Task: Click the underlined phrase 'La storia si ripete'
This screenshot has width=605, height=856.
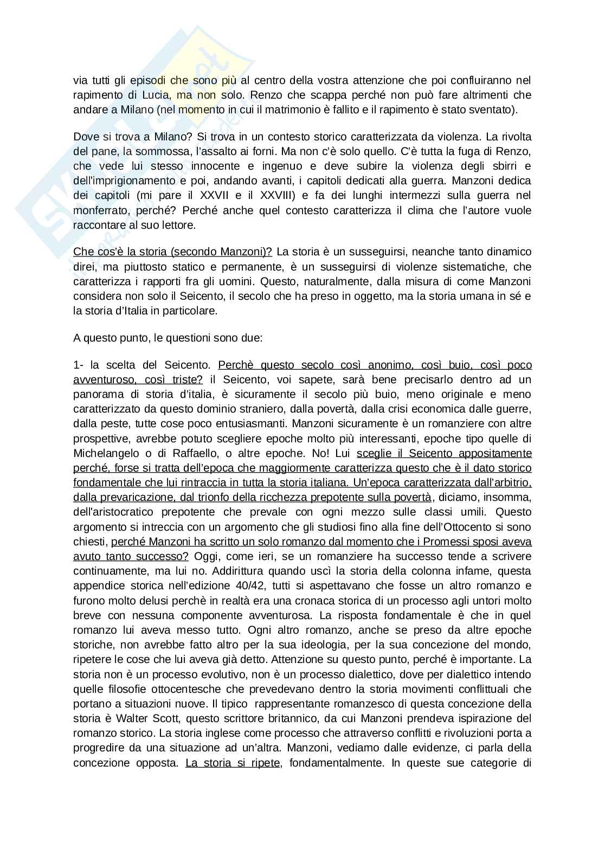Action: pos(233,762)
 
